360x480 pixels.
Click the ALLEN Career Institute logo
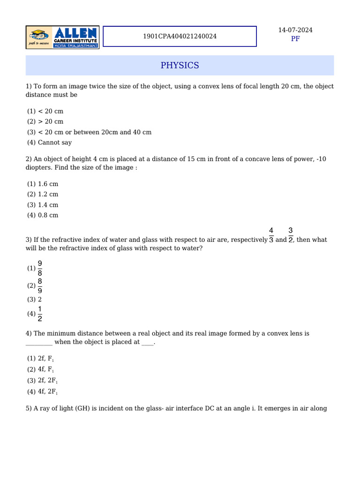62,37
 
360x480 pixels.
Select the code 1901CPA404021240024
180,36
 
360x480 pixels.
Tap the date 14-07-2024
295,30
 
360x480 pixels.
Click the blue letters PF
295,39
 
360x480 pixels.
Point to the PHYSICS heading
180,66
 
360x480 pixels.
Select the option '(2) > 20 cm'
45,121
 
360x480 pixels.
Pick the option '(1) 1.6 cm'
43,184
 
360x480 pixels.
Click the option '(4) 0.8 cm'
43,215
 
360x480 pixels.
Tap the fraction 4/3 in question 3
271,235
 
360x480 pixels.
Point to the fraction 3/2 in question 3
291,235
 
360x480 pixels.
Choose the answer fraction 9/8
40,268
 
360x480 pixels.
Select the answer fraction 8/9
40,285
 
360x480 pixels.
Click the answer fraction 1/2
40,314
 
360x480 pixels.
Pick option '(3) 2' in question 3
35,300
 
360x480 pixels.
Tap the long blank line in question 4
39,343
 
